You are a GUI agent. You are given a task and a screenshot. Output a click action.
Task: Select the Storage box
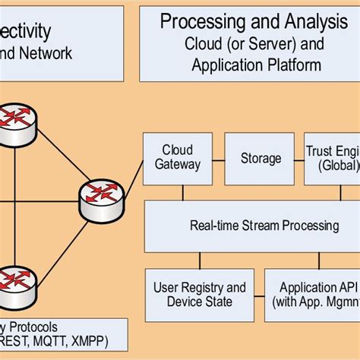tap(261, 159)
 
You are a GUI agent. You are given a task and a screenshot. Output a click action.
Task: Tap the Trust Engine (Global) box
tap(332, 159)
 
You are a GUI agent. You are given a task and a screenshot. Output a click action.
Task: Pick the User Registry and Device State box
tap(200, 295)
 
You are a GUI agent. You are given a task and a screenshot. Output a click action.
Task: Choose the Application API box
tap(312, 295)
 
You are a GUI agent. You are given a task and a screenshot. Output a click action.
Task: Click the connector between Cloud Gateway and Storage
tap(218, 159)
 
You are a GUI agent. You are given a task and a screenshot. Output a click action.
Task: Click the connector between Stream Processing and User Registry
tap(200, 261)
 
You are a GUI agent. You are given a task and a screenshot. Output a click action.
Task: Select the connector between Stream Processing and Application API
tap(312, 261)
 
